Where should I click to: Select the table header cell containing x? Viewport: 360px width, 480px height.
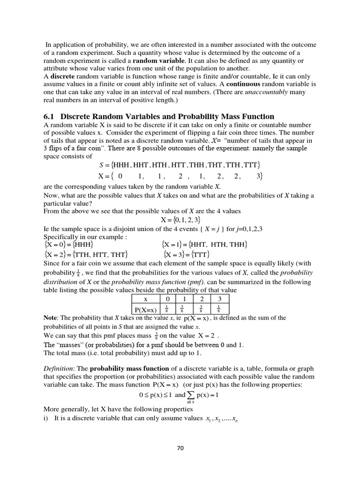pyautogui.click(x=145, y=299)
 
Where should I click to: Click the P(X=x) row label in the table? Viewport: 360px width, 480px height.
pyautogui.click(x=145, y=309)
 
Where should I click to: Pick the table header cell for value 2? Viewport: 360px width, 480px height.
pyautogui.click(x=202, y=299)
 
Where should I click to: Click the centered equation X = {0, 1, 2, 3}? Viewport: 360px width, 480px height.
pyautogui.click(x=181, y=219)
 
